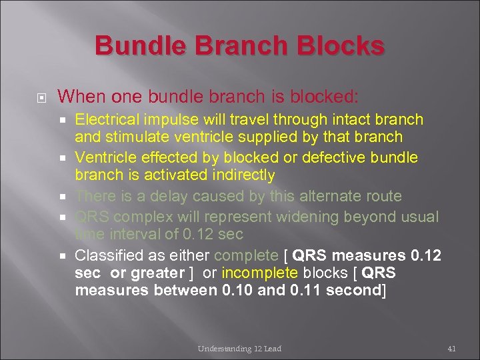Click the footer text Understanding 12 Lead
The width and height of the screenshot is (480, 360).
(x=239, y=349)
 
